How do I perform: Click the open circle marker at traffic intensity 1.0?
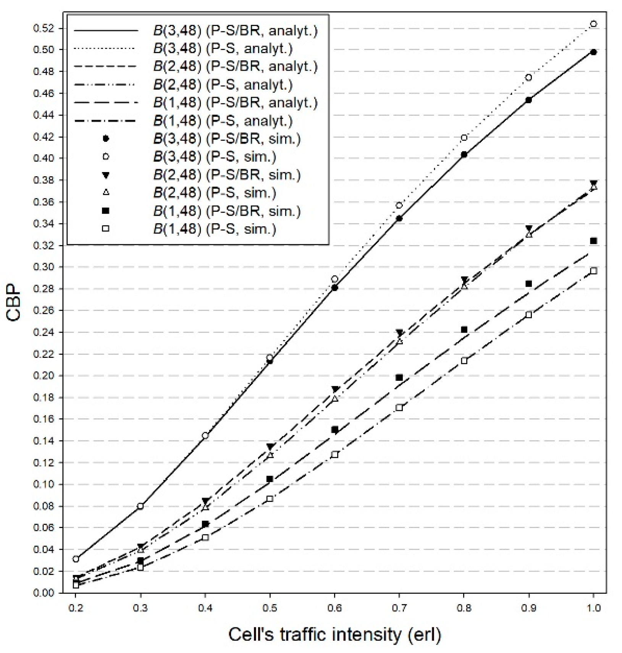pos(593,24)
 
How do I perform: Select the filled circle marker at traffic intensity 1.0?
pos(593,52)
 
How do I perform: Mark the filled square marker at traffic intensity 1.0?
pos(593,241)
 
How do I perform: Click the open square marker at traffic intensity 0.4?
pos(205,537)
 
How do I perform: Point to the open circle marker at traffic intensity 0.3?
pos(141,506)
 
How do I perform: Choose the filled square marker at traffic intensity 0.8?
pos(464,330)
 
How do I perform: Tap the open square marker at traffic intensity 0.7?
pos(399,408)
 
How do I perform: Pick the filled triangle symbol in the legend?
pos(106,175)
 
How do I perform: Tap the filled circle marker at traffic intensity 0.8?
pos(464,154)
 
